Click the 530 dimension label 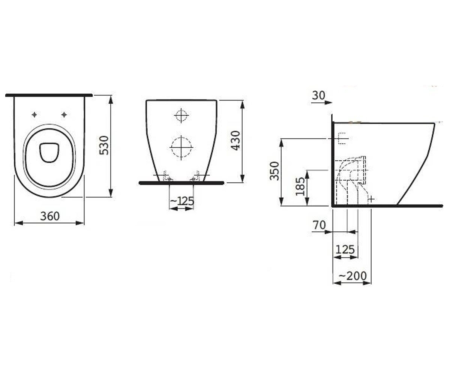[104, 145]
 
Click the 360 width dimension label [50, 216]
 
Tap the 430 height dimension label [235, 141]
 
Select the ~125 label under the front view [182, 201]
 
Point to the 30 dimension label [318, 95]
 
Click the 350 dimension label [275, 171]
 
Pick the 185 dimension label [300, 187]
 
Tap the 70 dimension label [319, 225]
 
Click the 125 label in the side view [345, 250]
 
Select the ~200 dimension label [353, 276]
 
